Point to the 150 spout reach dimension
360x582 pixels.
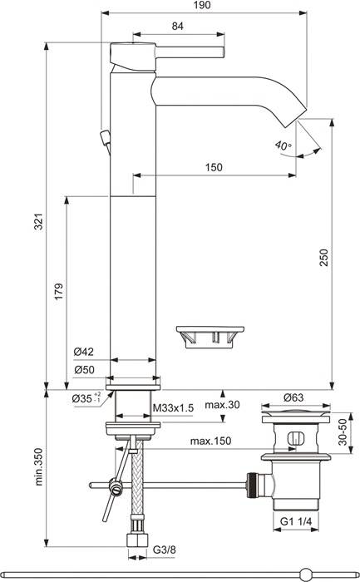[x=214, y=167]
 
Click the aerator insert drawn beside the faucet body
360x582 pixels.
[x=208, y=336]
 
